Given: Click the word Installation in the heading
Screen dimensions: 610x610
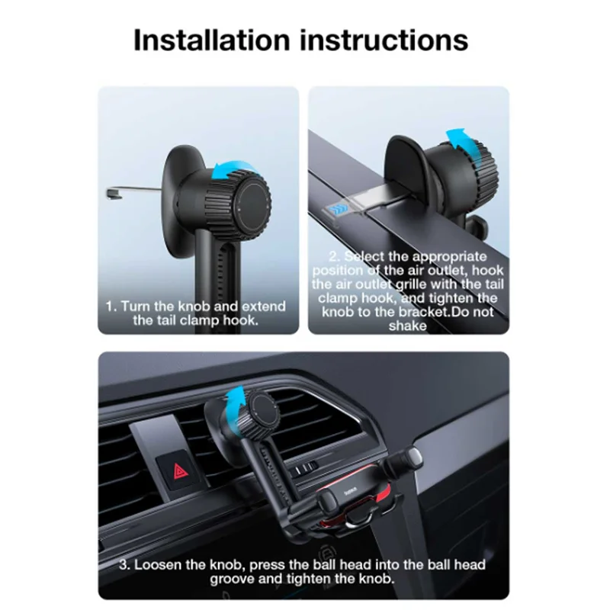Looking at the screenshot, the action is tap(212, 40).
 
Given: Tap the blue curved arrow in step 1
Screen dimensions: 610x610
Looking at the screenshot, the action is tap(233, 170).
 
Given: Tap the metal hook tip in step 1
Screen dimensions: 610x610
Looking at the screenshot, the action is tap(114, 194).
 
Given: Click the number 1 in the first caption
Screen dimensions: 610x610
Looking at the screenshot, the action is tap(111, 307).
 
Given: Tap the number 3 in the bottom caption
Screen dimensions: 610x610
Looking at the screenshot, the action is tap(124, 564).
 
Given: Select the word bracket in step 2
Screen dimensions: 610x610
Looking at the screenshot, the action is tap(422, 312).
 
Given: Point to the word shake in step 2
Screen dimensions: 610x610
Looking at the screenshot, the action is tap(407, 326).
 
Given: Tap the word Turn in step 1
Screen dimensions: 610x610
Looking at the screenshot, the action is tap(136, 307).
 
